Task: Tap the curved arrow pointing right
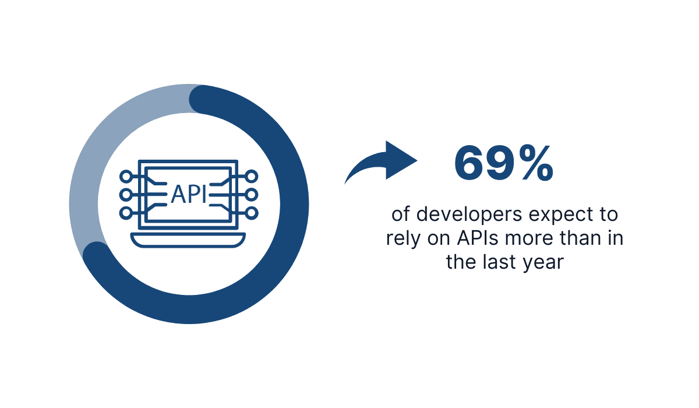(382, 163)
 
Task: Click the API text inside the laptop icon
(189, 194)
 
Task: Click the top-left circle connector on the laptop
(125, 175)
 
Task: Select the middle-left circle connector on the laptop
(125, 194)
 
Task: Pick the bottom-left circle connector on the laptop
(125, 213)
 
